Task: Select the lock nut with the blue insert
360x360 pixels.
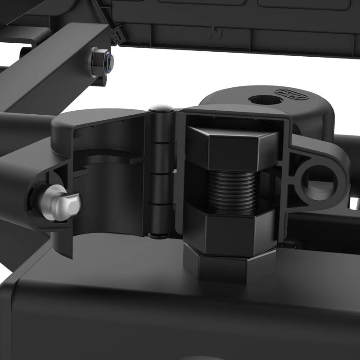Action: coord(102,63)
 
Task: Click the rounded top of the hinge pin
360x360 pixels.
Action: coord(161,108)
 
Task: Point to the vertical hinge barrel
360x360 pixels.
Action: coord(161,175)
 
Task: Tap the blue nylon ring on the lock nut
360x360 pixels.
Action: coord(110,61)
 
